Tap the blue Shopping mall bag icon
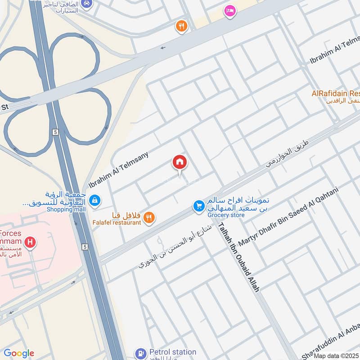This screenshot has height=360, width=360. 94,200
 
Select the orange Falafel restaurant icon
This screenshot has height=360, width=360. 149,218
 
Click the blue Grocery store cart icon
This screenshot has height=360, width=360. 198,206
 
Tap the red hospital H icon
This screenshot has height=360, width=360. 30,243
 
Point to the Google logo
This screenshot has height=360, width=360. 18,353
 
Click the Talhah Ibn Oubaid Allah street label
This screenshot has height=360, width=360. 238,258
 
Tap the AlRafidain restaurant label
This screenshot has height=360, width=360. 336,94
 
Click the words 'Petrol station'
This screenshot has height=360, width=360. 172,352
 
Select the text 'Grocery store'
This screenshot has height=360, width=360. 226,215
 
